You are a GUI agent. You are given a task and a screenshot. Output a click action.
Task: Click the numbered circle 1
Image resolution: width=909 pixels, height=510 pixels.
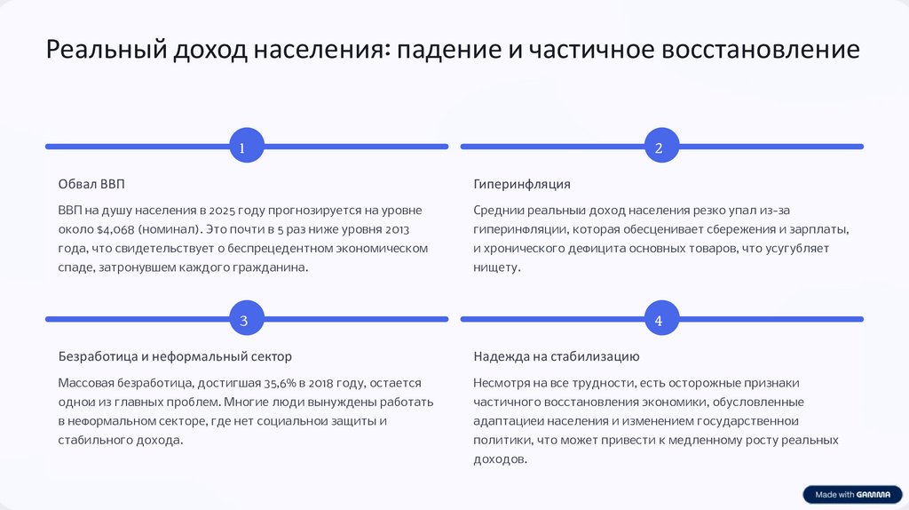click(243, 147)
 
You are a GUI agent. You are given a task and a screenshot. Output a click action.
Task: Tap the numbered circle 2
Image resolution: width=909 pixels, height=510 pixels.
click(659, 147)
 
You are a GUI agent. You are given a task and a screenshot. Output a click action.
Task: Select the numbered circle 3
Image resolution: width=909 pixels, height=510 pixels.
click(243, 320)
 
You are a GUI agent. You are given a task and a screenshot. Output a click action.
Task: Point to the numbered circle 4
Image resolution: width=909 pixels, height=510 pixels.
click(659, 320)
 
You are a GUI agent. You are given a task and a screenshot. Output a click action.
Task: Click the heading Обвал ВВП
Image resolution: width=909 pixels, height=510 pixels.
click(91, 184)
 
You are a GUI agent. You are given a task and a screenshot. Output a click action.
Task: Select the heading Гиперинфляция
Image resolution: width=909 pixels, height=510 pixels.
click(522, 184)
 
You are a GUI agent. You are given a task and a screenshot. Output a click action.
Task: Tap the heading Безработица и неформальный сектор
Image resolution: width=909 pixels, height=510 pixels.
click(175, 356)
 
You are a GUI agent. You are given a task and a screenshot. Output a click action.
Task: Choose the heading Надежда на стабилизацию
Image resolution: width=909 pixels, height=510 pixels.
click(557, 356)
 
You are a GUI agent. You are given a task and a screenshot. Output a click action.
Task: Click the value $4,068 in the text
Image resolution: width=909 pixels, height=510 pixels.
click(112, 229)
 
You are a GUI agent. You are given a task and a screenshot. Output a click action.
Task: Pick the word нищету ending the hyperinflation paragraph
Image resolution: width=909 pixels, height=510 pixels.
click(496, 267)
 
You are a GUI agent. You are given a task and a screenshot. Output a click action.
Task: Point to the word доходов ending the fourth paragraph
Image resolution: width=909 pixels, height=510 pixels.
click(499, 459)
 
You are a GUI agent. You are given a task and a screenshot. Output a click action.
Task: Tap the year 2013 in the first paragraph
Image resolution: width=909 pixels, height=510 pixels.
click(404, 229)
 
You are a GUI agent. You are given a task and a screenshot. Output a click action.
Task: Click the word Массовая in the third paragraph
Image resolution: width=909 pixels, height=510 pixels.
click(86, 383)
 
